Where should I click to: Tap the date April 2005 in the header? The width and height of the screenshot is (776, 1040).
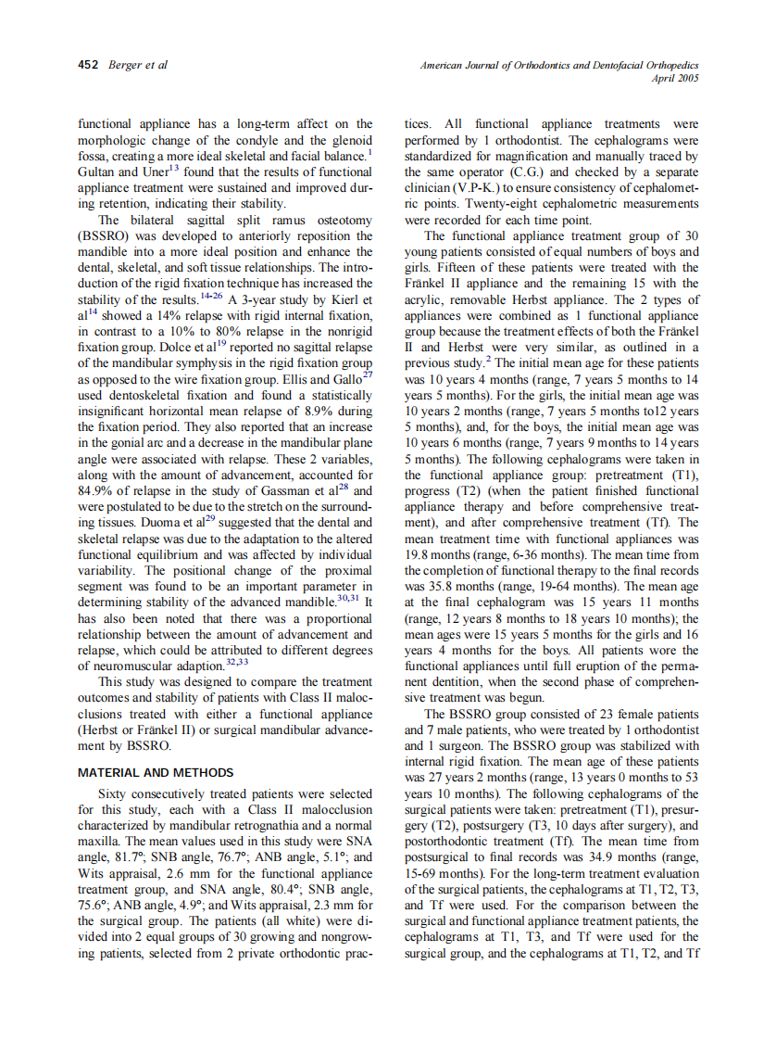(675, 79)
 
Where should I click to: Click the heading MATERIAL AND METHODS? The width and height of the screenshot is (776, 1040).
(156, 772)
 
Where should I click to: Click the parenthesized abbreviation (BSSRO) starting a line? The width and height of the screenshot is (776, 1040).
(106, 236)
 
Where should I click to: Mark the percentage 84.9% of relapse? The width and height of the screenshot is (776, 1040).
(96, 490)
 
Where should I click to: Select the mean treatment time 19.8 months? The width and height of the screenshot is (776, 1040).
(442, 554)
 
